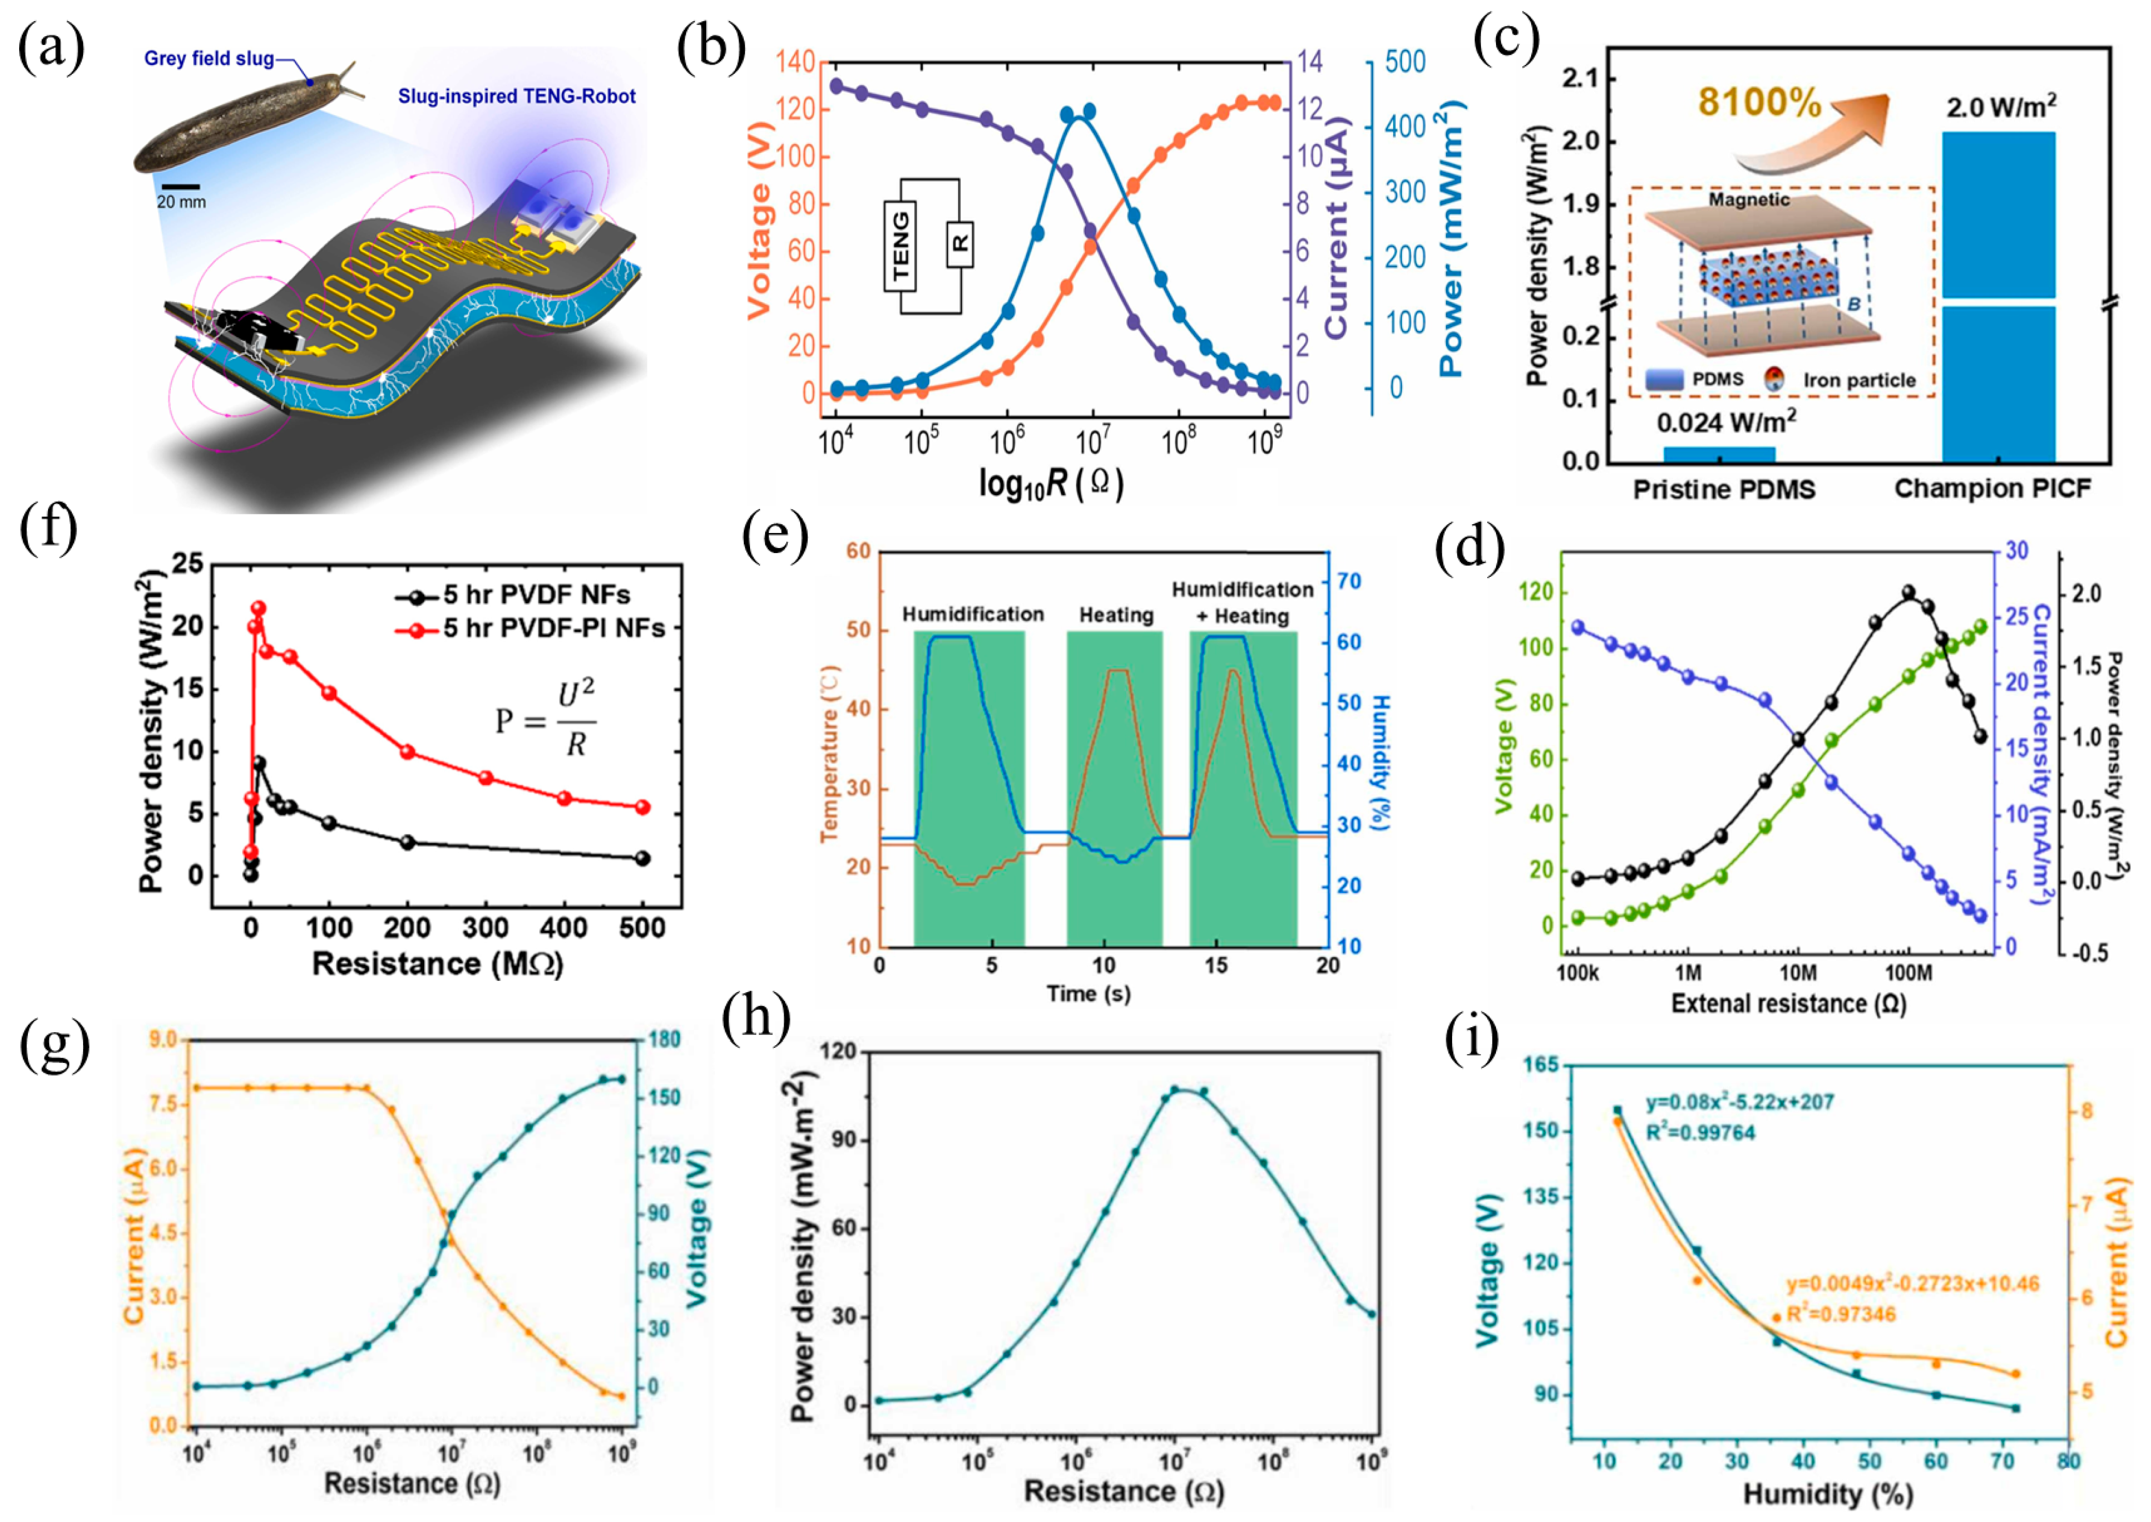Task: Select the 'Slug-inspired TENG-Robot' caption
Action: [517, 96]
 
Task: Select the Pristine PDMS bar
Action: [1719, 453]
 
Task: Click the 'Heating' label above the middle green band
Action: [1115, 615]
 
